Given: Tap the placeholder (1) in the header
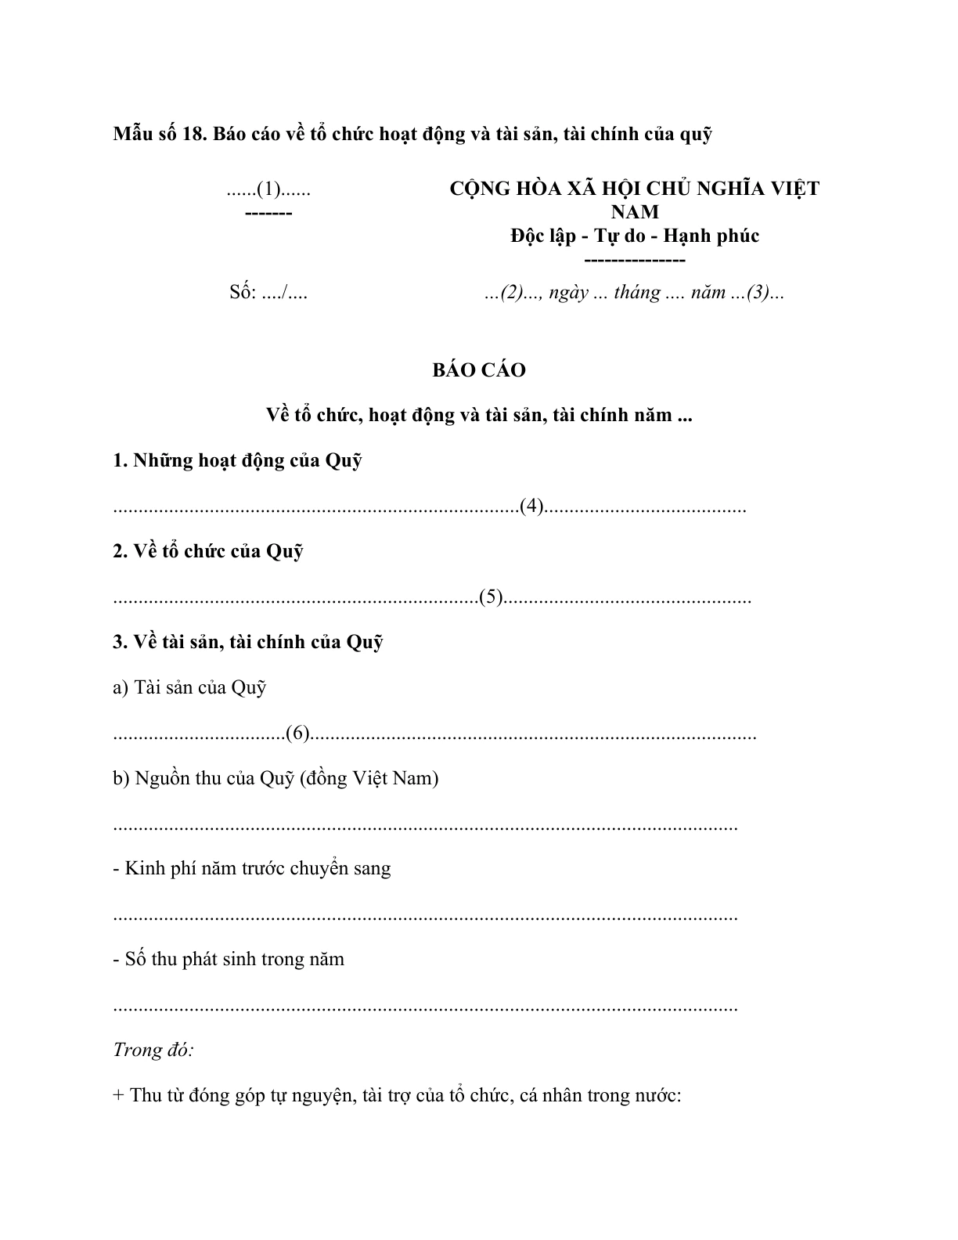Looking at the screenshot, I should (268, 189).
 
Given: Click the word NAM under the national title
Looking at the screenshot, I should (635, 212).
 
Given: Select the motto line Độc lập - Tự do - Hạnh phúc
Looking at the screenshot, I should (635, 236).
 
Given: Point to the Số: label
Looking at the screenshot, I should (243, 293).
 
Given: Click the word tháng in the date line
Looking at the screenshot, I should (637, 293).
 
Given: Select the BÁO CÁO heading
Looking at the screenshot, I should (479, 370).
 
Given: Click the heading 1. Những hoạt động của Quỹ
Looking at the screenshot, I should (237, 460).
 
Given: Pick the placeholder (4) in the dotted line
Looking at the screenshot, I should (531, 506).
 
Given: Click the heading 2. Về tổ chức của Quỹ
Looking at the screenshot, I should (208, 551).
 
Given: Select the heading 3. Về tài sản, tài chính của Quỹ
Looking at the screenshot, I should (248, 642).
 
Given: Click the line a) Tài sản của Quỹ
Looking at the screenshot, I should (190, 687).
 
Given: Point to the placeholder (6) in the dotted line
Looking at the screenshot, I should (298, 734).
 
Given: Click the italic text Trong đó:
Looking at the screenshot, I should (153, 1050).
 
